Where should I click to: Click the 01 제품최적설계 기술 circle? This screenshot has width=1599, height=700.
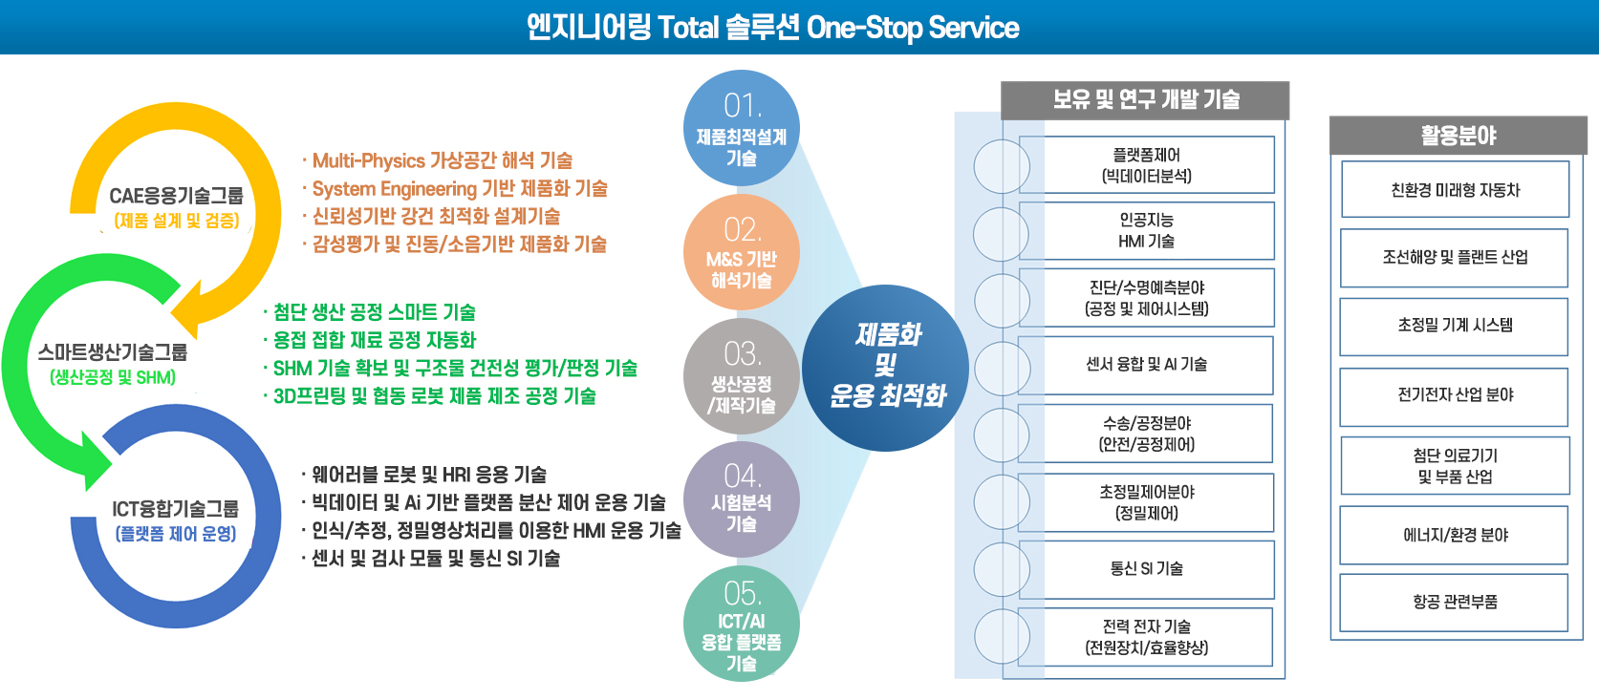(741, 128)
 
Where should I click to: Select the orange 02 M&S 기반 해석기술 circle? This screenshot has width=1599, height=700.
(741, 252)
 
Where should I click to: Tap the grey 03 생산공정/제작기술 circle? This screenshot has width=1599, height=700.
(741, 376)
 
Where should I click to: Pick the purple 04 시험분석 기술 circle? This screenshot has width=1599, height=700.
(741, 499)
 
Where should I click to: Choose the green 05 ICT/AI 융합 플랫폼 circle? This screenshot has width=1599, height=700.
(741, 624)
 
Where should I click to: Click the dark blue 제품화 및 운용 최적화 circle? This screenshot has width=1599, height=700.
(885, 368)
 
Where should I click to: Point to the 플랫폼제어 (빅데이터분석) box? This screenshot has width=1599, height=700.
(1146, 165)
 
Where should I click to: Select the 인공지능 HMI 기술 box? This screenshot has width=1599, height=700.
(1146, 230)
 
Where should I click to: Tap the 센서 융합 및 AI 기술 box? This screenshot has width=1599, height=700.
(1146, 366)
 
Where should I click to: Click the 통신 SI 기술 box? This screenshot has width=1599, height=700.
(1146, 569)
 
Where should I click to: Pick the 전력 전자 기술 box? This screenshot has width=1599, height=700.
(1145, 637)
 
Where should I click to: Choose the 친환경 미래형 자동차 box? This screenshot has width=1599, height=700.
(1455, 189)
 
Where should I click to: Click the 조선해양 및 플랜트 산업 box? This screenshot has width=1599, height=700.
(1454, 258)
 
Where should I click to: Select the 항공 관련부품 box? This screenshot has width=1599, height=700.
(1454, 603)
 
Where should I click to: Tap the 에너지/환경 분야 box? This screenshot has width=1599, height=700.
(1454, 535)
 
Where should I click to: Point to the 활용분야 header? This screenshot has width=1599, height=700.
(1458, 136)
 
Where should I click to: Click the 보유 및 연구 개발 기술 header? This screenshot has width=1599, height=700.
(1145, 100)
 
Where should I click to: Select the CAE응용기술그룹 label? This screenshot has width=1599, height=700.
(176, 196)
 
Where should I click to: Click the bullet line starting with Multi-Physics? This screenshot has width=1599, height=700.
(438, 160)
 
